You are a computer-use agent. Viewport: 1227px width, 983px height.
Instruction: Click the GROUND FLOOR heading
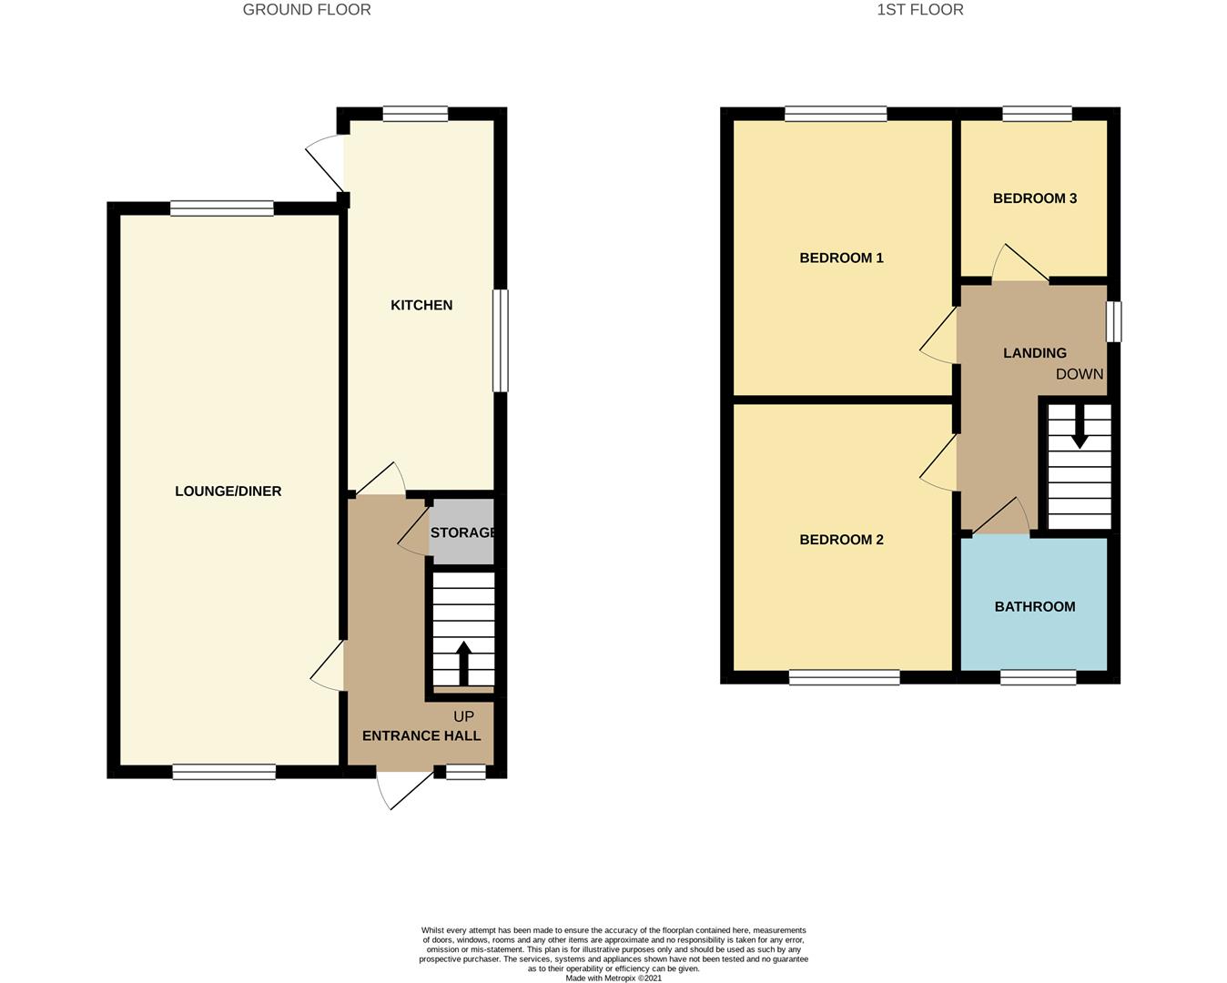307,10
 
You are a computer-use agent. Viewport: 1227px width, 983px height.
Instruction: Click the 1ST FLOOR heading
919,10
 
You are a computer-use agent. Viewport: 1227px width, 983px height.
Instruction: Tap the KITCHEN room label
421,305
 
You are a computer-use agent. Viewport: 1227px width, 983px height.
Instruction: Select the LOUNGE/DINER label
228,491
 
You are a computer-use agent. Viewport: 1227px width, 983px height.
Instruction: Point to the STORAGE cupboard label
462,532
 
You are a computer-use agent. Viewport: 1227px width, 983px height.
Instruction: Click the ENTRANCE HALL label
421,735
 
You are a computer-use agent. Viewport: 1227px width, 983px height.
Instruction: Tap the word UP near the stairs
463,716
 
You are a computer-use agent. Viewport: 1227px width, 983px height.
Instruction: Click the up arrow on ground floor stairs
463,663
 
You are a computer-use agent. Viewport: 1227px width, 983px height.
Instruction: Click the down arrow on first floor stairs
1080,427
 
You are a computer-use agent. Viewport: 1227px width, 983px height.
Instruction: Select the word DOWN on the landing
1080,374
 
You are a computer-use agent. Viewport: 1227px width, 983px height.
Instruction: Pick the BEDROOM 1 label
841,258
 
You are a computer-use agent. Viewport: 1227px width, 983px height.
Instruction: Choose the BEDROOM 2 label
841,540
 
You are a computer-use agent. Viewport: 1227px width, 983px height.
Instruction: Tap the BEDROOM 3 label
1035,198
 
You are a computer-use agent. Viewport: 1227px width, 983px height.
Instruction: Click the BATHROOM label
1035,607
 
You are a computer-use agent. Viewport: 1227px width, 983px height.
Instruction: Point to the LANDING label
1035,353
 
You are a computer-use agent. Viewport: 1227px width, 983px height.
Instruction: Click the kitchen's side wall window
500,340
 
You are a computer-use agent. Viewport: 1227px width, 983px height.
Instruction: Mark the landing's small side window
1113,321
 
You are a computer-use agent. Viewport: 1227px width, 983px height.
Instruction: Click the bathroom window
1038,677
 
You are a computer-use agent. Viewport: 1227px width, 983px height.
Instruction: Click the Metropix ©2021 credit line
613,978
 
